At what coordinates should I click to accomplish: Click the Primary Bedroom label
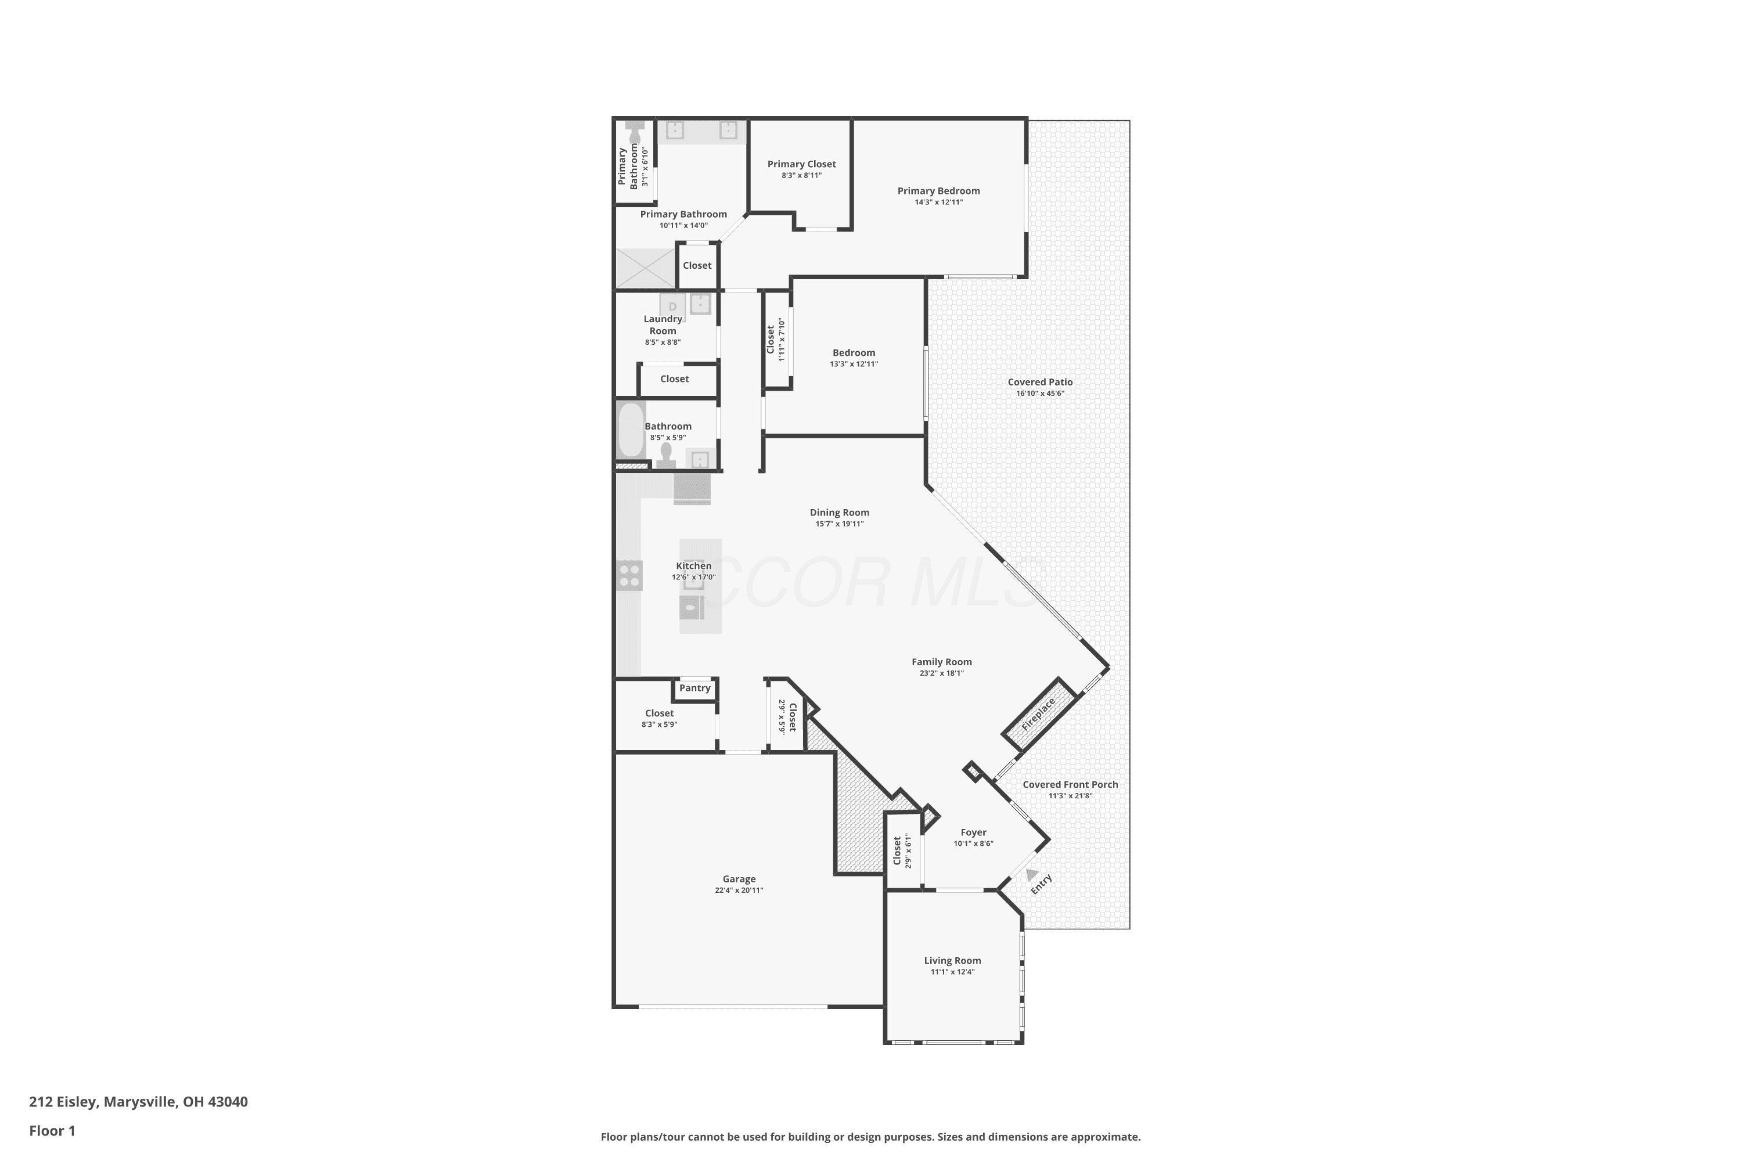point(938,191)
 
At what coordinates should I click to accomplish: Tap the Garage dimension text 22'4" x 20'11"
point(739,890)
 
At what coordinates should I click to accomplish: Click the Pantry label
point(694,688)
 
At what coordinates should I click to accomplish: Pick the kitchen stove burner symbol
point(629,575)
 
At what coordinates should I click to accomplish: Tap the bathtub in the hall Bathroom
point(631,430)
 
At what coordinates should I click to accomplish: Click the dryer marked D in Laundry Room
point(672,306)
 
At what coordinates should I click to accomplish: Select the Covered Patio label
point(1040,382)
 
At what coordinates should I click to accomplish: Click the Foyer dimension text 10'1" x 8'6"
point(973,843)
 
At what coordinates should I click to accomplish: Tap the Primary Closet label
point(801,164)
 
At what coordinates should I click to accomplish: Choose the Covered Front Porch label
point(1070,784)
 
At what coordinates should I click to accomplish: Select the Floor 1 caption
point(52,1131)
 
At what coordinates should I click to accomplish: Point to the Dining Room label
point(839,513)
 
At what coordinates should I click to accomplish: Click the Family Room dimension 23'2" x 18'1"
point(941,673)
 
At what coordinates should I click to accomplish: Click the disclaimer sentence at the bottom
point(870,1137)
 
